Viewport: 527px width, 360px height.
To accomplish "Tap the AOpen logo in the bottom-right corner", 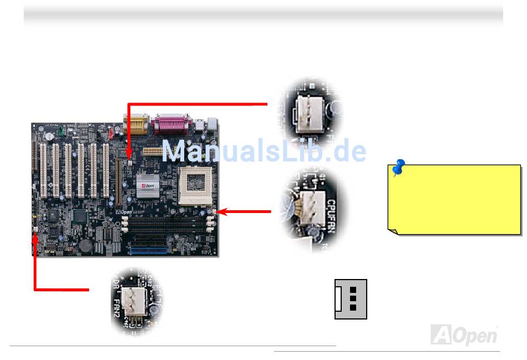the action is (464, 334).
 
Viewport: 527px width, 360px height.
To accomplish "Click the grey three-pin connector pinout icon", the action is (351, 299).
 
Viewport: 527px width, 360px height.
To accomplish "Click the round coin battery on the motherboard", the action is (86, 245).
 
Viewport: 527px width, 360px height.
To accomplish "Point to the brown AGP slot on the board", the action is (118, 180).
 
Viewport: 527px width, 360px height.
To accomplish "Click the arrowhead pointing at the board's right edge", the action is (221, 211).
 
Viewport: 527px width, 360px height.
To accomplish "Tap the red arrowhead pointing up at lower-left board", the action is (35, 237).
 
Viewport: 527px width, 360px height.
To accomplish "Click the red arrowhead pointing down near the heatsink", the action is (129, 158).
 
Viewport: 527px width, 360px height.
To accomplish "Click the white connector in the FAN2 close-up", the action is (134, 303).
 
